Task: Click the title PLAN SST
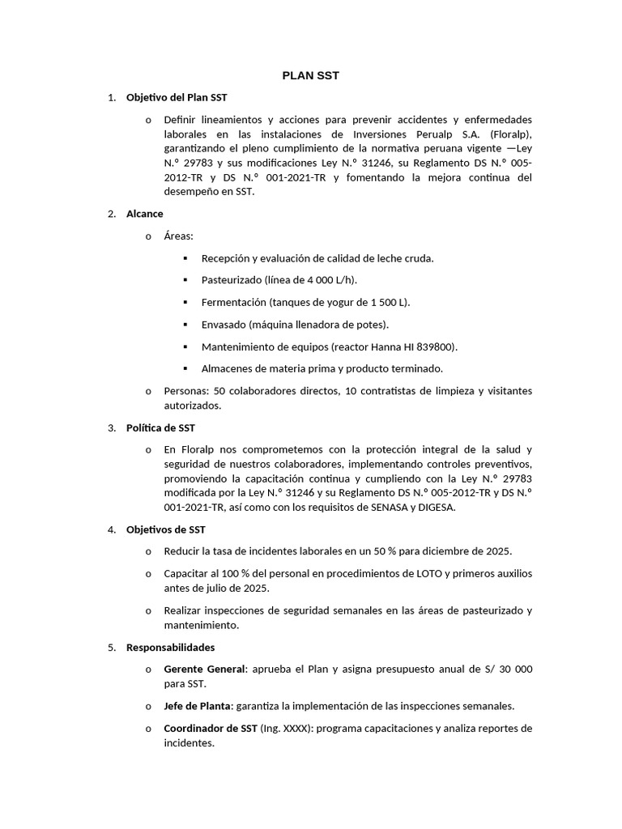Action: pos(310,75)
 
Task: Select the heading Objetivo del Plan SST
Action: pos(177,98)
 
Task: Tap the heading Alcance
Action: pos(145,214)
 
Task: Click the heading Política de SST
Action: pos(160,427)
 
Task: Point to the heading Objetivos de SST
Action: pos(166,529)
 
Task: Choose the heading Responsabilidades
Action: pos(171,648)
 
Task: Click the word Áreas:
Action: pos(178,236)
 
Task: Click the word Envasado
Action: pos(224,325)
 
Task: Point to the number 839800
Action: pos(436,346)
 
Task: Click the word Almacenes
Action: pos(226,368)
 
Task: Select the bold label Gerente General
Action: pos(204,670)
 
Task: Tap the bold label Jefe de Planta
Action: pos(195,706)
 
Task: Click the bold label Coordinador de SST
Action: pos(210,728)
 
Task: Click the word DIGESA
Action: pos(434,508)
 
